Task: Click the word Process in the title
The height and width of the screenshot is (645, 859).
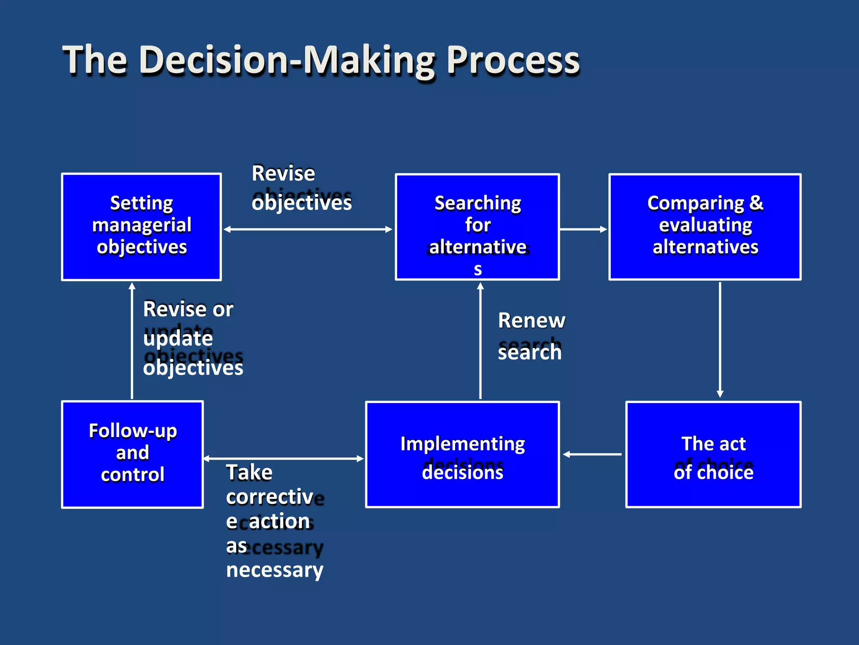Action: coord(513,61)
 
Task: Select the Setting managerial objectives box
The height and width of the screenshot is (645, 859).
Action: coord(141,227)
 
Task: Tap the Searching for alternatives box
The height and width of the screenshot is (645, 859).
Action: coord(477,227)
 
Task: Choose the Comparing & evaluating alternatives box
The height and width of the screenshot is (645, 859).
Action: coord(705,227)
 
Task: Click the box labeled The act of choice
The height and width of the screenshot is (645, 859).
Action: coord(713,454)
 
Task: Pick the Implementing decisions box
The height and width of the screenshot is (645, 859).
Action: coord(462,454)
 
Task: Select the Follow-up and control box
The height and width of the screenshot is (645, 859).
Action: coord(133,454)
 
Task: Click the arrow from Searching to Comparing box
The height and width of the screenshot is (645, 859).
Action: coord(583,229)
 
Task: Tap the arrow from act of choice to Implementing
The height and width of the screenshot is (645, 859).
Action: coord(592,454)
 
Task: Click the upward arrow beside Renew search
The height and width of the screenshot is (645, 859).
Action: coord(480,340)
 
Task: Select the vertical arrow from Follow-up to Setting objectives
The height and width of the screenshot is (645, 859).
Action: coord(132,340)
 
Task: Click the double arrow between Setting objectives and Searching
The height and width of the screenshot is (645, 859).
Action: coord(308,229)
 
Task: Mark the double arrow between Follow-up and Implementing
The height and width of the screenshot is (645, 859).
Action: coord(284,459)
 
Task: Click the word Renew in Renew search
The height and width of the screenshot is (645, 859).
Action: coord(531,321)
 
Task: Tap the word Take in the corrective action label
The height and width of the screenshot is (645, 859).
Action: coord(249,473)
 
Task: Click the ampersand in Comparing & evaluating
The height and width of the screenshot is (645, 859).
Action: coord(756,203)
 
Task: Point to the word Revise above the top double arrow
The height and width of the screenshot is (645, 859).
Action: coord(283,173)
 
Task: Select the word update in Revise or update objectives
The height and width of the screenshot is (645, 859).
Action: coord(178,338)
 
